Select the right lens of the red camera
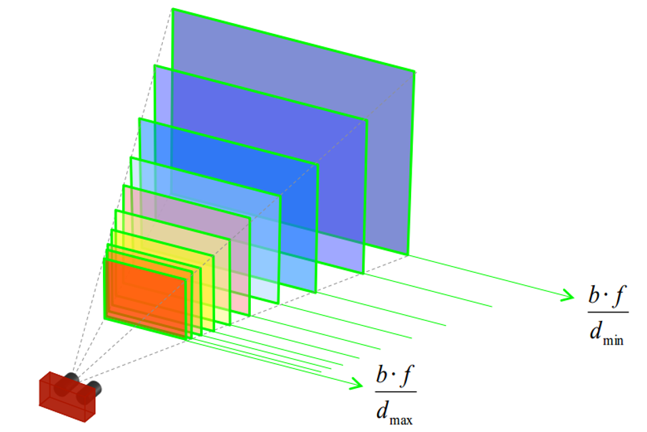pyautogui.click(x=94, y=388)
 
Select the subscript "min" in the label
pyautogui.click(x=612, y=341)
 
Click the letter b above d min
pyautogui.click(x=594, y=297)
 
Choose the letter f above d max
pyautogui.click(x=409, y=374)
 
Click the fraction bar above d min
pyautogui.click(x=608, y=312)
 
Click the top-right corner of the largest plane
pyautogui.click(x=414, y=70)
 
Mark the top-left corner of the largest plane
pyautogui.click(x=173, y=9)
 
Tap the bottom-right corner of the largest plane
pyautogui.click(x=408, y=255)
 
